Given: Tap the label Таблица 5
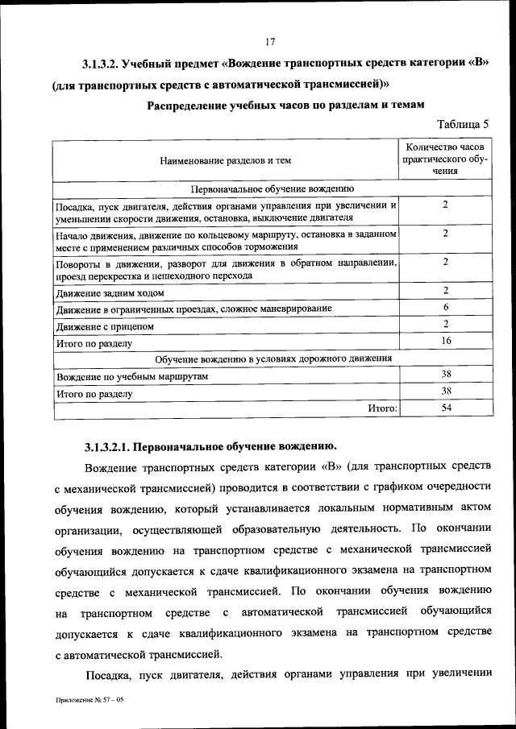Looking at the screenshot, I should (x=463, y=124).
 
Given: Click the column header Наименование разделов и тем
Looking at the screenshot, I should (x=226, y=160).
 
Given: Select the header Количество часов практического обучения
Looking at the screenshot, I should (x=444, y=159).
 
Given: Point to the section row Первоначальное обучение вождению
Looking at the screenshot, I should (x=272, y=188).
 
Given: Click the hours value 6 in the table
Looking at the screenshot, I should (x=445, y=308).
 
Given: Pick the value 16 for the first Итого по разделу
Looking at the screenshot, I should (x=445, y=341).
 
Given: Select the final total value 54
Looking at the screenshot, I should (x=445, y=408).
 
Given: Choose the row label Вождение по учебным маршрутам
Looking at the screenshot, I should (x=132, y=377).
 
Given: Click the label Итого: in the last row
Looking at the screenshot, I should (x=383, y=409).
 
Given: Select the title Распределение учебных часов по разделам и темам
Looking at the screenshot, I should (x=286, y=105).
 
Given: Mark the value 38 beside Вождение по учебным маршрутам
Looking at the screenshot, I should (x=445, y=375).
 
